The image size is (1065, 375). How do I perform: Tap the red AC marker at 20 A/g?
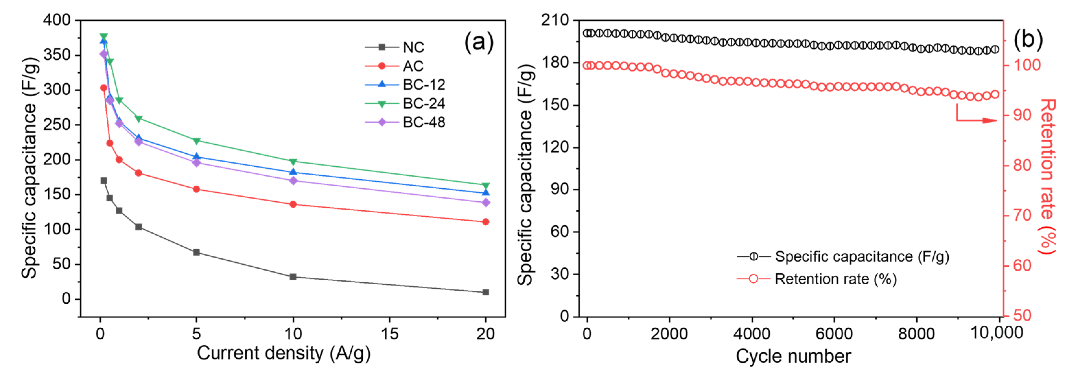click(x=486, y=222)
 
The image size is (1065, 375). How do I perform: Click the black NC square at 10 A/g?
click(x=293, y=276)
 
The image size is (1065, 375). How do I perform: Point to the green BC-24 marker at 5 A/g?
click(x=197, y=141)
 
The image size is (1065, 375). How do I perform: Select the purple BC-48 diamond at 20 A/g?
click(x=486, y=203)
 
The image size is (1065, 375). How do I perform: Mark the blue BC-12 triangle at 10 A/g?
click(x=293, y=172)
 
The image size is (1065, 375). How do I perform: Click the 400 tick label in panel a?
click(x=57, y=20)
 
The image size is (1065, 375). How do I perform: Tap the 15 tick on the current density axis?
click(x=390, y=334)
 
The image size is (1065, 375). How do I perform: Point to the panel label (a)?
click(x=479, y=42)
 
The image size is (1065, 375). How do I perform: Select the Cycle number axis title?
click(x=793, y=357)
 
